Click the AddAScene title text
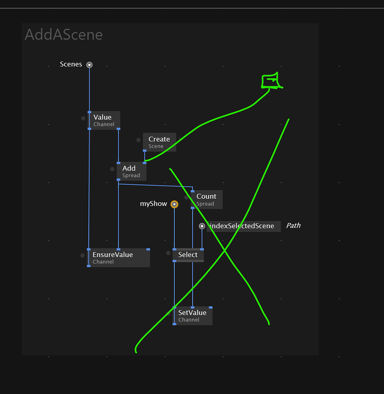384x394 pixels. pos(63,35)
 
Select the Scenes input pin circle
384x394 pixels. pos(89,65)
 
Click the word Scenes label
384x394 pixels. pos(71,64)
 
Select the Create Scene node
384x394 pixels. pos(159,142)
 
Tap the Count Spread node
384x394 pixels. pos(206,200)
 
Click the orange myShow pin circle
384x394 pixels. pos(174,204)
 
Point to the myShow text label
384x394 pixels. pos(154,204)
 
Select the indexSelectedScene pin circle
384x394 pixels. pos(202,226)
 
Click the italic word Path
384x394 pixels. pos(293,226)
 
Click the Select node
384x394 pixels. pos(188,255)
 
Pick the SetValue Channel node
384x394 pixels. pos(192,316)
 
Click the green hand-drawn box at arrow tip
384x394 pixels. pos(270,81)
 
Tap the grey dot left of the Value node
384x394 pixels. pos(83,118)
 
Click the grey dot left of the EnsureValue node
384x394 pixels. pos(83,255)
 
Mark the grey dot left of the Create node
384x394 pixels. pos(138,140)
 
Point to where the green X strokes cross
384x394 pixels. pos(224,250)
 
